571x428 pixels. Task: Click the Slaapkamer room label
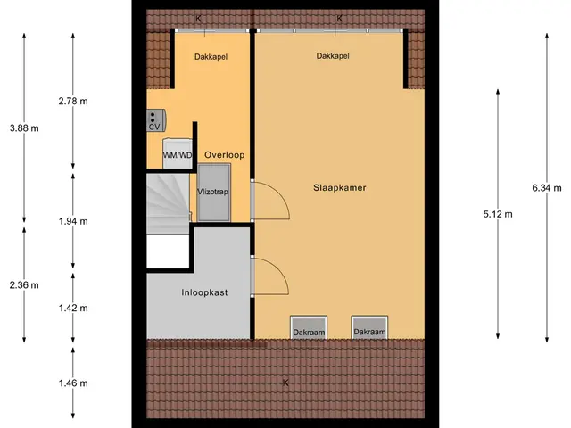tap(339, 188)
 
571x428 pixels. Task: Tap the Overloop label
tap(224, 155)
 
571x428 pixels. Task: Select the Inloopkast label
tap(204, 292)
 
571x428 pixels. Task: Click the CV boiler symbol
tap(156, 120)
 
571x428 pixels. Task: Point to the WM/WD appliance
tap(178, 153)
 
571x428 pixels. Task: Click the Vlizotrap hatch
tap(213, 193)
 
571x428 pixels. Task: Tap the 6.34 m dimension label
tap(547, 188)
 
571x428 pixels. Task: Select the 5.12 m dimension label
tap(498, 214)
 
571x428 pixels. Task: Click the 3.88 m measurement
tap(24, 128)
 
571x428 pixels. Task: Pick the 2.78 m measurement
tap(73, 101)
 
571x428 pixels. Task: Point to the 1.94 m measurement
tap(73, 221)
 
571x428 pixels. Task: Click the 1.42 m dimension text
tap(73, 308)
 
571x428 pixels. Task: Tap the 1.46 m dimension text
tap(73, 383)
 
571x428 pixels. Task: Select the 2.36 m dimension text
tap(24, 285)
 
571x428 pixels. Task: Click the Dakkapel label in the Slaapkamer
tap(333, 55)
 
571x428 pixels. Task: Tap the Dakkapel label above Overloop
tap(211, 57)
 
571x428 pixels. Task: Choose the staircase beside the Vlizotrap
tap(169, 203)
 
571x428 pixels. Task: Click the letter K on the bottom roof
tap(285, 383)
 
